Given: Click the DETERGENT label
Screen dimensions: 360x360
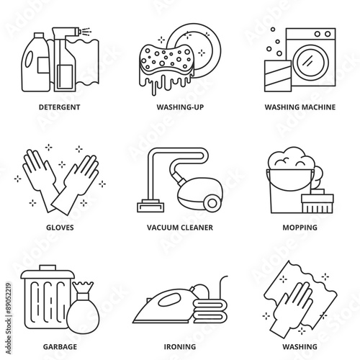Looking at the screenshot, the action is click(60, 107).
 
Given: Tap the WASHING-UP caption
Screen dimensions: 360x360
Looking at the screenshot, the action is click(180, 107).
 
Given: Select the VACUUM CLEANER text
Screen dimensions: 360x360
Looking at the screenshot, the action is click(180, 228).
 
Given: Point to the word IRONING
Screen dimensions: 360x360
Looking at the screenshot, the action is click(180, 347).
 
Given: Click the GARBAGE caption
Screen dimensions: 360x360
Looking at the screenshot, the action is click(60, 347).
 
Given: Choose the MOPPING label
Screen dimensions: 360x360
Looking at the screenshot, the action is click(300, 228).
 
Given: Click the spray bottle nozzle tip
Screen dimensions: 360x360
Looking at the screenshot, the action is click(79, 31).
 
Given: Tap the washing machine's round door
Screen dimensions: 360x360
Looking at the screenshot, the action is click(308, 61).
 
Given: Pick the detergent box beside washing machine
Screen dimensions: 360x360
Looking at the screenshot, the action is click(278, 76).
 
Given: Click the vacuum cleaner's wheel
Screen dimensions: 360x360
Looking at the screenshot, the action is click(212, 203).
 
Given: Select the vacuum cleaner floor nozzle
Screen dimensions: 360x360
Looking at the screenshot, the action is click(150, 206).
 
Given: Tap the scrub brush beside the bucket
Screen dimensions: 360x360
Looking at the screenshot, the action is click(318, 201).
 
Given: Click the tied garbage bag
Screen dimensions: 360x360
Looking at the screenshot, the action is click(83, 309).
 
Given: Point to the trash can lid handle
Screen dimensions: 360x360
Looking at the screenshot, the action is click(48, 268).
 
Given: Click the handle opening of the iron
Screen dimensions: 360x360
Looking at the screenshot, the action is click(169, 300).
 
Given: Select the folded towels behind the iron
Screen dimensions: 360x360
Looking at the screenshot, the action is click(210, 311).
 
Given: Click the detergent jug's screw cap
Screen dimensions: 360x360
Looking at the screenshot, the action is click(39, 36).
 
